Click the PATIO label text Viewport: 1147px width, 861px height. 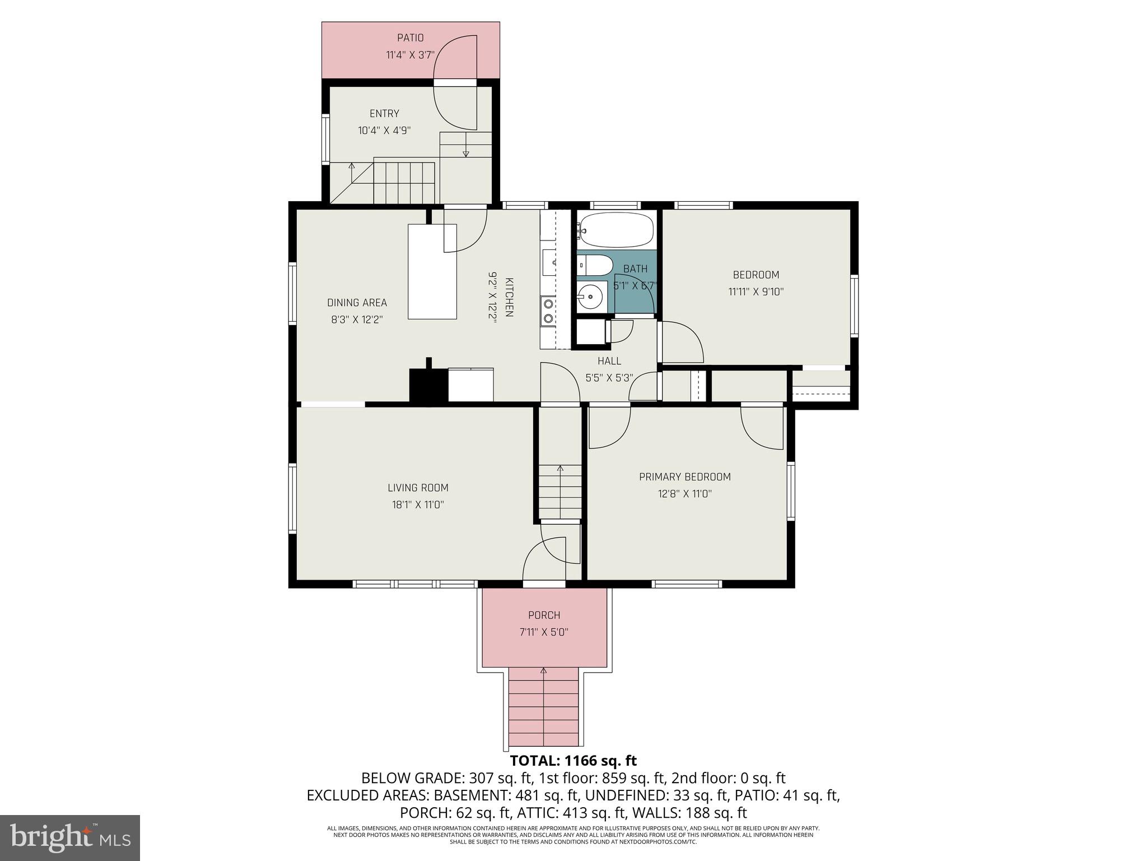coord(410,38)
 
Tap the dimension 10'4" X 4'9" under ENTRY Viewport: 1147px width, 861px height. coord(384,131)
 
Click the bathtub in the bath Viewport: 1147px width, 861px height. coord(616,230)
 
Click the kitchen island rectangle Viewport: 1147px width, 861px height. coord(432,271)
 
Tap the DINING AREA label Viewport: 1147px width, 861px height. coord(357,303)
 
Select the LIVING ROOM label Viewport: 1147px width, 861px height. coord(418,488)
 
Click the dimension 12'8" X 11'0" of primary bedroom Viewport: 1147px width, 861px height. coord(684,494)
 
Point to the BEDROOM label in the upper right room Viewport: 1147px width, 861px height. coord(756,275)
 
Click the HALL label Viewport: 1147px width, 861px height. coord(609,361)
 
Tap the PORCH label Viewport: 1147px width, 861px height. coord(544,615)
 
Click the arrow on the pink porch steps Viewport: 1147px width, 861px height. coord(543,672)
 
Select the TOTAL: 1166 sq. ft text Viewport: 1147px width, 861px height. coord(573,761)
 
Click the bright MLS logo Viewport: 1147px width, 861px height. coord(69,837)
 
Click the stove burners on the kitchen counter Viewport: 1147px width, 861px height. coord(548,312)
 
